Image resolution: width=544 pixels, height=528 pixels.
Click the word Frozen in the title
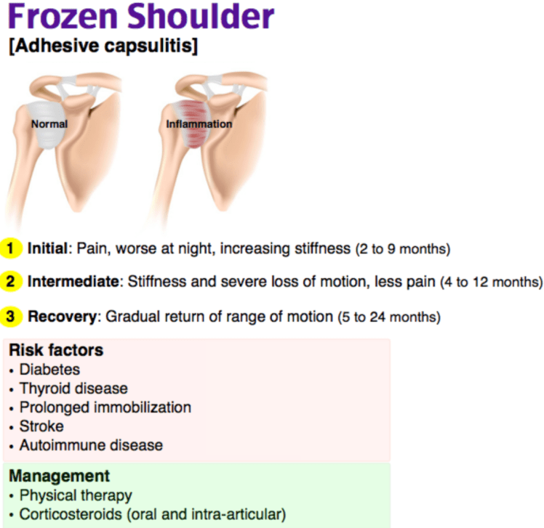click(x=63, y=17)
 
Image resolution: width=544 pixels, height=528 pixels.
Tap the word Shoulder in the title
click(x=201, y=17)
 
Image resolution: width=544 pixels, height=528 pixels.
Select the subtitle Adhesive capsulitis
click(x=103, y=46)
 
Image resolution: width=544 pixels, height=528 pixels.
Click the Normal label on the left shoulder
click(x=49, y=123)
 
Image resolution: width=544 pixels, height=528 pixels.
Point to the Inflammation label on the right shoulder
click(x=199, y=123)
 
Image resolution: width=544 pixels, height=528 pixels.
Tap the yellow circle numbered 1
click(x=11, y=248)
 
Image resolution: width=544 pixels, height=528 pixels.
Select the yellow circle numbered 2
click(x=11, y=281)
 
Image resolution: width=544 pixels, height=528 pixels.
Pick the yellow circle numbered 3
click(x=11, y=317)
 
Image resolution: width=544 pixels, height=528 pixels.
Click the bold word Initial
click(x=47, y=248)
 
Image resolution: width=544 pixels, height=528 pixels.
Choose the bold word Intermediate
click(x=73, y=281)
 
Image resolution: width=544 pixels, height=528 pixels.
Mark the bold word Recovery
click(x=62, y=317)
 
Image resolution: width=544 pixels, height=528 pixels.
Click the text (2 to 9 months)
click(x=403, y=249)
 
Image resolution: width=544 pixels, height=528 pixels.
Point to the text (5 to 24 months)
click(x=389, y=317)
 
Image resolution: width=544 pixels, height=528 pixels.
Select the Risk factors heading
click(x=56, y=350)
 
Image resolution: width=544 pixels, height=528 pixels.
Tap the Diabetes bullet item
click(x=49, y=370)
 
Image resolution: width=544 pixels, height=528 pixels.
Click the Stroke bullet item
click(x=41, y=426)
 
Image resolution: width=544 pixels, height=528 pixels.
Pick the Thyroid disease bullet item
click(x=73, y=389)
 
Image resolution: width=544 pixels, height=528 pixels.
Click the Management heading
click(x=60, y=476)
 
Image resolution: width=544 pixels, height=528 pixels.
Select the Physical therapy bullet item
click(x=76, y=496)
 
